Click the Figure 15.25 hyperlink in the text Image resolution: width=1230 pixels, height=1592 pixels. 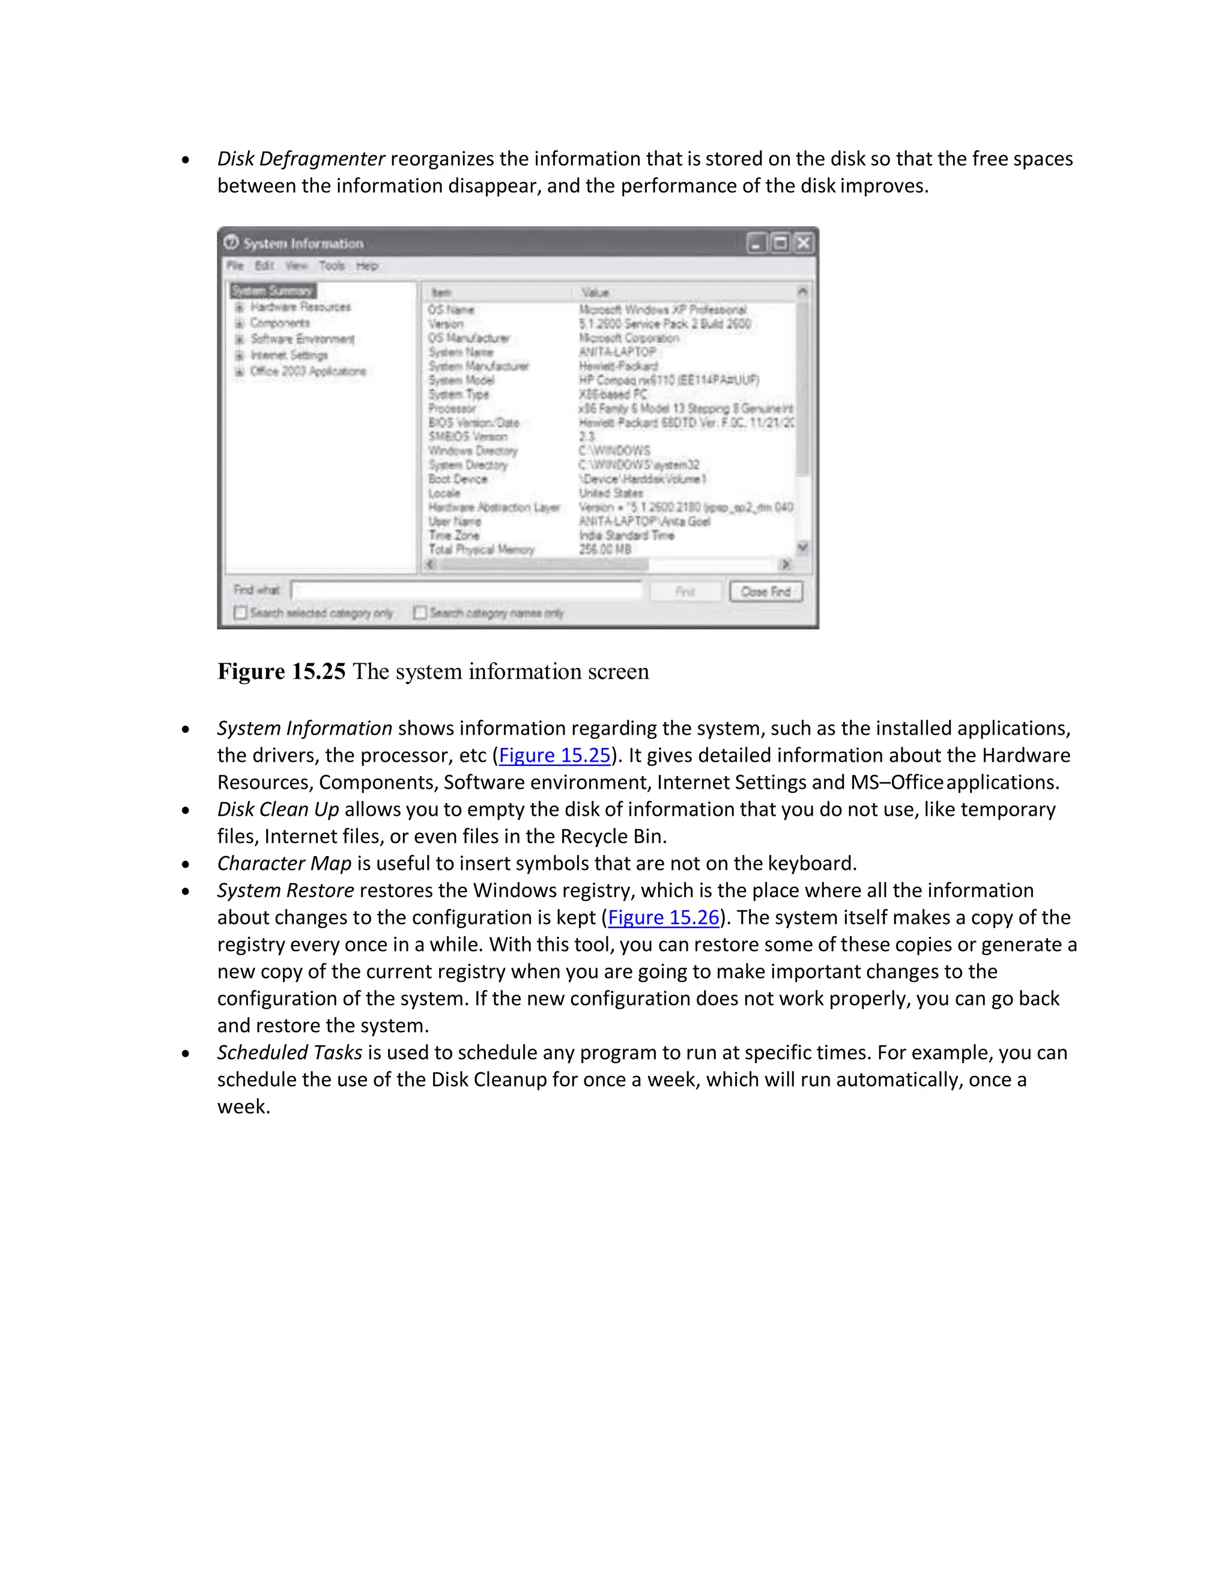pyautogui.click(x=554, y=755)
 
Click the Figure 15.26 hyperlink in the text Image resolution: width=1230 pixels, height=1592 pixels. pyautogui.click(x=663, y=918)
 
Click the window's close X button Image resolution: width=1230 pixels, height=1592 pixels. pyautogui.click(x=803, y=243)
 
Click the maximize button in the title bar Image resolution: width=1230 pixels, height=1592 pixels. pyautogui.click(x=780, y=243)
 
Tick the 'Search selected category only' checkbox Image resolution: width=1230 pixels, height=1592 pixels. pyautogui.click(x=240, y=612)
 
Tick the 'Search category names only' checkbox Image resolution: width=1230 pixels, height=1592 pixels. pyautogui.click(x=420, y=612)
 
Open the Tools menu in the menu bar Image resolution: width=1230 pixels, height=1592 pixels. pyautogui.click(x=332, y=266)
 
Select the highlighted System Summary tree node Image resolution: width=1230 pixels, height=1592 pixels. pyautogui.click(x=272, y=291)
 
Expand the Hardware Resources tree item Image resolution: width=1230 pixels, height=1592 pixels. pyautogui.click(x=239, y=307)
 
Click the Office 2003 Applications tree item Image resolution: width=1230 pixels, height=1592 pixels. pyautogui.click(x=307, y=371)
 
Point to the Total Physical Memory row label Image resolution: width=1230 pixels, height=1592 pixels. pyautogui.click(x=481, y=550)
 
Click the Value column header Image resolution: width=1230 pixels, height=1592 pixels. pyautogui.click(x=595, y=293)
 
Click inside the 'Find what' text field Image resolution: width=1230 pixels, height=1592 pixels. pyautogui.click(x=466, y=591)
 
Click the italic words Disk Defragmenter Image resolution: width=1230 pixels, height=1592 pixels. pyautogui.click(x=301, y=159)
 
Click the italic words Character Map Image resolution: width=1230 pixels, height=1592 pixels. pyautogui.click(x=284, y=864)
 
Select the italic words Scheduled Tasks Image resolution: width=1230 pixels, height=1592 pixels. pyautogui.click(x=289, y=1053)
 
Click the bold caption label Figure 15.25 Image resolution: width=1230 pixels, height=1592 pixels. pyautogui.click(x=281, y=672)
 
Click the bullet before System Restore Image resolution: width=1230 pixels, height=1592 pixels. pyautogui.click(x=186, y=892)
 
